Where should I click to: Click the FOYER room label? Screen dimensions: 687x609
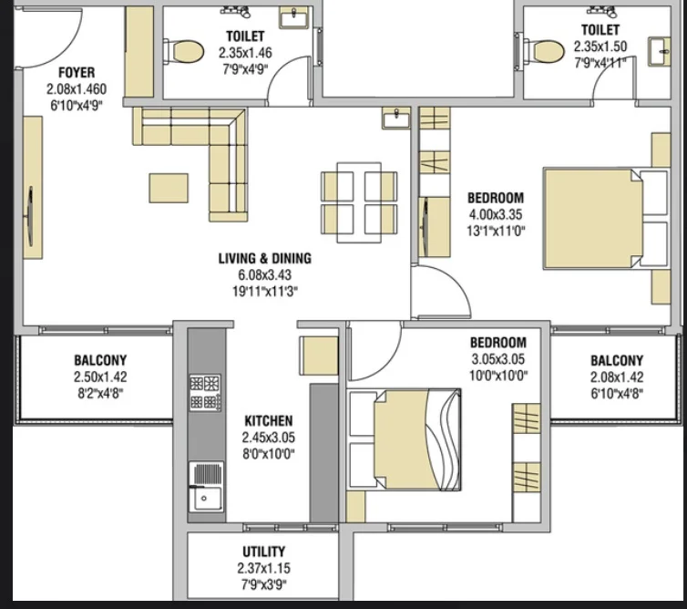77,72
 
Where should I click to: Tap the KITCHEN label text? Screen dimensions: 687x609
269,421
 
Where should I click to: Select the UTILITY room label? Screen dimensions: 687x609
263,552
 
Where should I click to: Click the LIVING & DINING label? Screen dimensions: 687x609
265,258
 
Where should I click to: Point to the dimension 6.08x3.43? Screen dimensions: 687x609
264,275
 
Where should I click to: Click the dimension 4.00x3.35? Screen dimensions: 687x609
496,214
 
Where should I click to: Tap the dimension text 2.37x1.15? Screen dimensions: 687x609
263,568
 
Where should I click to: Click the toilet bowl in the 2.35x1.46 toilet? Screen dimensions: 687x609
184,52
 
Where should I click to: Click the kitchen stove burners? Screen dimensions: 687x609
205,392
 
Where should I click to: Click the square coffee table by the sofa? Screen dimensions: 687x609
169,188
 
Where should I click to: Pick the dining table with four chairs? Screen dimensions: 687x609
359,202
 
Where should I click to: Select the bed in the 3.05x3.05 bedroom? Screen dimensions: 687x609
405,439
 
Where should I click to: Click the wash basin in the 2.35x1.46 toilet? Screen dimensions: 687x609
294,18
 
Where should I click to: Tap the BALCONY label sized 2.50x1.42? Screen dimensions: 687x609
100,360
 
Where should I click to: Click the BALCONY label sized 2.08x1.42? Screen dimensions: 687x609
617,361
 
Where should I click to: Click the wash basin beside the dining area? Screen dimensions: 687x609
396,118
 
